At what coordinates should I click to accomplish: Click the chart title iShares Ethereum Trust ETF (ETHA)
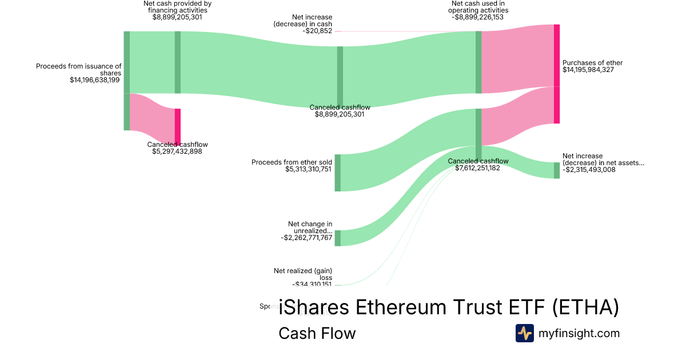click(449, 308)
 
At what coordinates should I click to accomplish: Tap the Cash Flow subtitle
click(317, 333)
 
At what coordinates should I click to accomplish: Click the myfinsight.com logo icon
click(524, 333)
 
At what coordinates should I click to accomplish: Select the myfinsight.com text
click(579, 333)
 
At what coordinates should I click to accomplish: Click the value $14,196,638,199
click(95, 80)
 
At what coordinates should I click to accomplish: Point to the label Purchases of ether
click(592, 63)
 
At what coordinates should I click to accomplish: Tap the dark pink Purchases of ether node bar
click(557, 74)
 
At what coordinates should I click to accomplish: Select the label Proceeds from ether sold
click(292, 162)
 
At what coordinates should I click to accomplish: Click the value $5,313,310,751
click(308, 169)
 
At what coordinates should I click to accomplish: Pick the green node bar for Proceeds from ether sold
click(338, 173)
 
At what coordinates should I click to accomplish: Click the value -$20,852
click(317, 31)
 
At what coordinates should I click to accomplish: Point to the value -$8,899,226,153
click(478, 17)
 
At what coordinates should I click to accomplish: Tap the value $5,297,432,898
click(177, 151)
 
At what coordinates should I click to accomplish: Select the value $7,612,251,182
click(478, 168)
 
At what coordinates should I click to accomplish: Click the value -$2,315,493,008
click(589, 170)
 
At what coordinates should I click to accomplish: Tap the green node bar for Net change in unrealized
click(338, 238)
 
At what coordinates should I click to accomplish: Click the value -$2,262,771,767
click(306, 238)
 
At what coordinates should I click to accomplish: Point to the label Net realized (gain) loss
click(303, 274)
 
